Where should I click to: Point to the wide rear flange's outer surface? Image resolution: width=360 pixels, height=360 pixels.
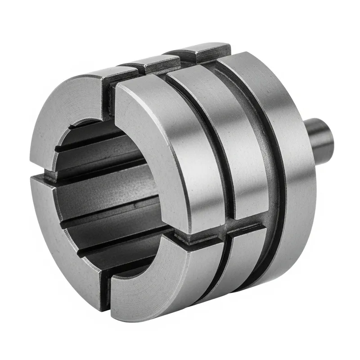coord(288,180)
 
